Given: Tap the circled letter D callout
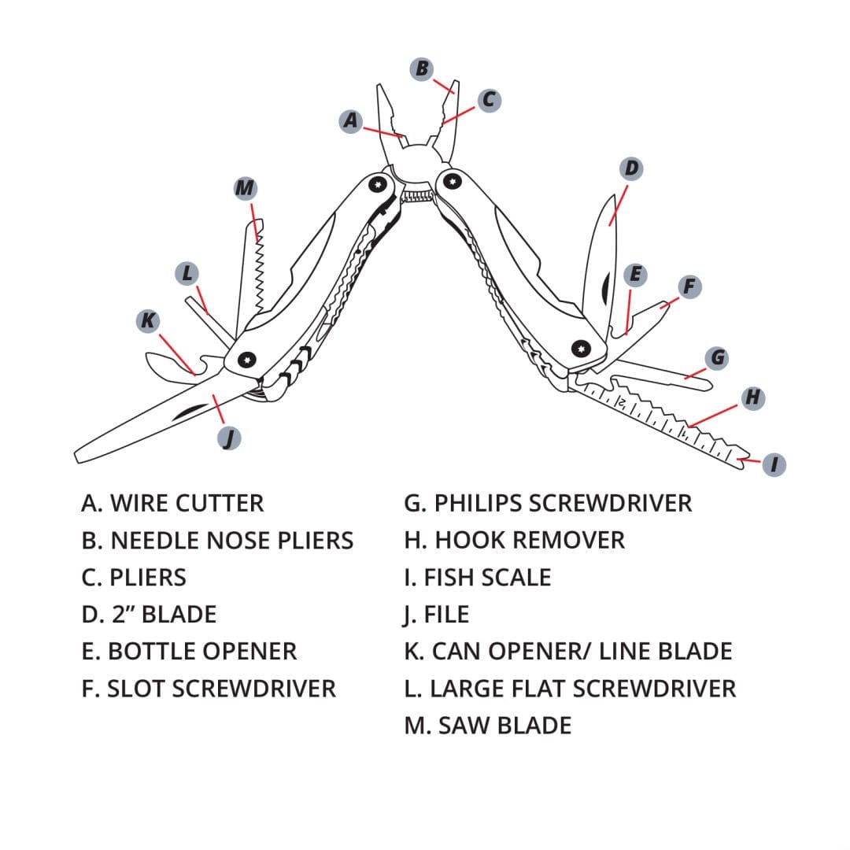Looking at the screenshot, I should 631,168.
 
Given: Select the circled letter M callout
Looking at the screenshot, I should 246,188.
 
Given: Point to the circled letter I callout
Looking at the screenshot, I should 774,465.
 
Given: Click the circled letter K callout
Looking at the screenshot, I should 147,320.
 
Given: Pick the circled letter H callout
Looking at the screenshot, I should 753,398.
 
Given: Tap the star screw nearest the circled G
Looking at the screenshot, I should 581,348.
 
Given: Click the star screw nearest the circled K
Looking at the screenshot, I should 247,360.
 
